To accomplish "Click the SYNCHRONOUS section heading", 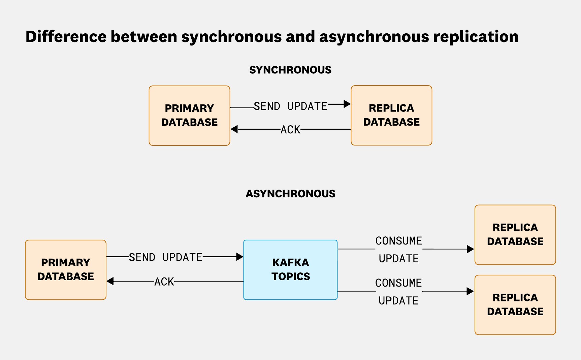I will click(x=290, y=70).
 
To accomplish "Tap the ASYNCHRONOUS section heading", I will click(x=290, y=194).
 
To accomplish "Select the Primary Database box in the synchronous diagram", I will click(x=189, y=116).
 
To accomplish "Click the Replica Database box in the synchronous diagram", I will click(x=391, y=115).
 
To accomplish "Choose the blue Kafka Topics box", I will click(x=290, y=269).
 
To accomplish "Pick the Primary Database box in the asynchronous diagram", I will click(x=66, y=269).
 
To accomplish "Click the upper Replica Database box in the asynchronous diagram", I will click(x=515, y=234).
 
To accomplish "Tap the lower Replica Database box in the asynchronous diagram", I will click(x=515, y=305).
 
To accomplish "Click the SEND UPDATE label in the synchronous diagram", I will click(x=290, y=106).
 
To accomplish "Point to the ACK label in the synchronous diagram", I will click(x=290, y=130).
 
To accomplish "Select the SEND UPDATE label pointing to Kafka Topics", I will click(x=165, y=257).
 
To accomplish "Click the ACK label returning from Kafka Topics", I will click(x=164, y=282).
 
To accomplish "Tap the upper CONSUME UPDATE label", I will click(x=398, y=250).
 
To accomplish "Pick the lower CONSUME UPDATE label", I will click(x=398, y=292).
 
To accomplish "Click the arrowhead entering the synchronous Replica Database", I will click(x=347, y=104).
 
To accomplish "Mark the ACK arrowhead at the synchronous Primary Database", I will click(x=234, y=129).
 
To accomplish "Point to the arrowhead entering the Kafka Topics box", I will click(x=240, y=257).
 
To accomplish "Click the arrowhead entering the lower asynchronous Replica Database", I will click(x=471, y=291).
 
